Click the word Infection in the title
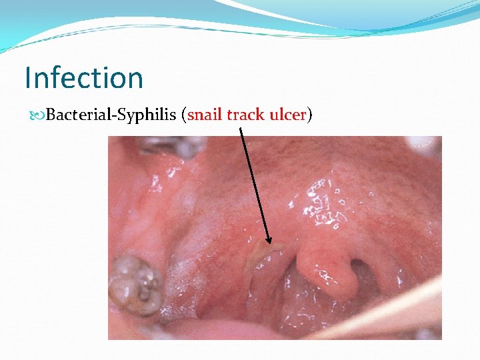click(83, 77)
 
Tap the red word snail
click(206, 115)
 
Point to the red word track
click(246, 115)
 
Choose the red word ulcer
click(287, 115)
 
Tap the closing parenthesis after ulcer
click(309, 116)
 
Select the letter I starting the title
click(28, 77)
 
